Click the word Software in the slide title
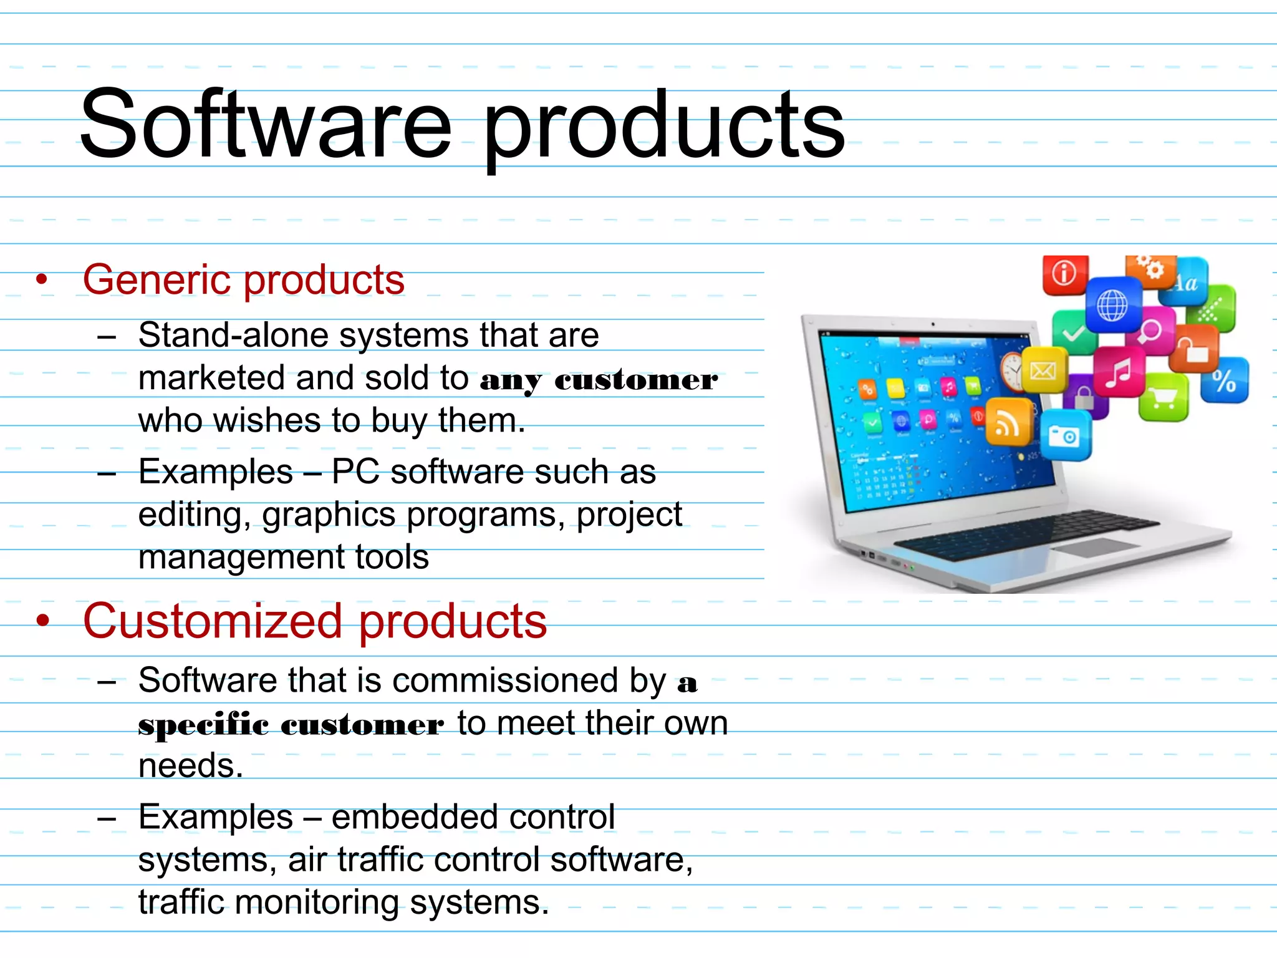(x=265, y=125)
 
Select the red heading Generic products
(x=243, y=280)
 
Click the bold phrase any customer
(x=599, y=380)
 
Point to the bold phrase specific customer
(x=291, y=725)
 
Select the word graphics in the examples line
(x=329, y=515)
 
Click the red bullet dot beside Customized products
(x=42, y=621)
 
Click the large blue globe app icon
(x=1112, y=306)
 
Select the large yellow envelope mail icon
(x=1043, y=370)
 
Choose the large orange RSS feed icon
(x=1006, y=422)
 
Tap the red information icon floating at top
(x=1064, y=274)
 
